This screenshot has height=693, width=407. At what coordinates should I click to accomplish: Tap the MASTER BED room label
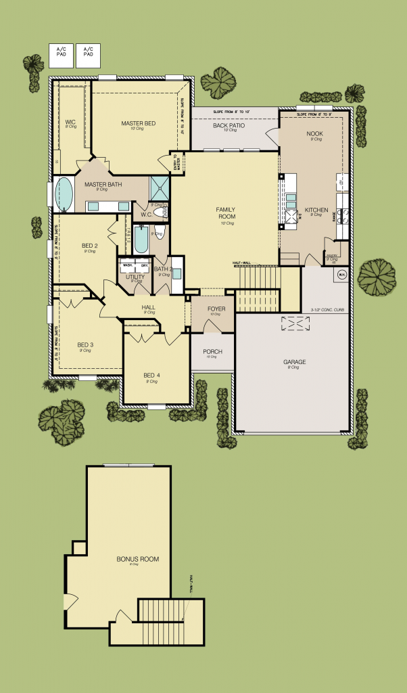pyautogui.click(x=139, y=123)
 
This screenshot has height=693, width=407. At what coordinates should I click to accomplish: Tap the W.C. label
pyautogui.click(x=146, y=215)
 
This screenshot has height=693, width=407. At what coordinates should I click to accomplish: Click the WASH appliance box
pyautogui.click(x=128, y=265)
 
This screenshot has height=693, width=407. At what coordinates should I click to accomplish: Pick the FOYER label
pyautogui.click(x=216, y=309)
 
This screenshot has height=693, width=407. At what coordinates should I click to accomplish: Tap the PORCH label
pyautogui.click(x=212, y=352)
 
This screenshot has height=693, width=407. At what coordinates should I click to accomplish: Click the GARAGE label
pyautogui.click(x=294, y=362)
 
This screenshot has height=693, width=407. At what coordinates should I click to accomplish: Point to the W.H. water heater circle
pyautogui.click(x=341, y=275)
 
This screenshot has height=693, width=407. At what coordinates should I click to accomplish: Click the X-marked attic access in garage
pyautogui.click(x=295, y=324)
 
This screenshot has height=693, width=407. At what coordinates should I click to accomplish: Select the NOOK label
pyautogui.click(x=314, y=134)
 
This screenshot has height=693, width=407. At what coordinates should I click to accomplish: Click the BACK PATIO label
pyautogui.click(x=229, y=126)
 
